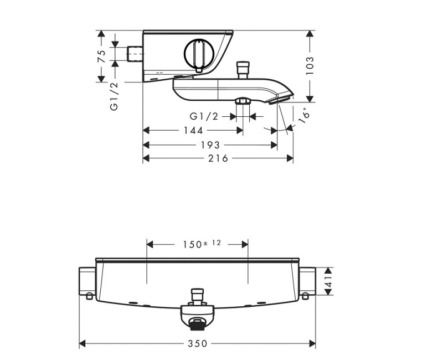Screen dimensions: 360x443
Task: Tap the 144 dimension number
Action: coord(193,130)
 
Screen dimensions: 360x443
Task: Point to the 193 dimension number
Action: coord(210,145)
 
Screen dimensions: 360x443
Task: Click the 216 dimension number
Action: coord(218,158)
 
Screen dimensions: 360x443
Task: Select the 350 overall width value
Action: coord(197,343)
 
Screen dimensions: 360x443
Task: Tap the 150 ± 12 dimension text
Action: coord(197,244)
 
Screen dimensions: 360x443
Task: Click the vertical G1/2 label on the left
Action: coord(114,95)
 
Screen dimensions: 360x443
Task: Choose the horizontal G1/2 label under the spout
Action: coord(204,116)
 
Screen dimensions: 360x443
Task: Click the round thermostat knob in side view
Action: coord(197,55)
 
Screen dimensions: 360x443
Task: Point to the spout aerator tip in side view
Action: coord(280,98)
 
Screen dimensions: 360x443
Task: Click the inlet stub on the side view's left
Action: coord(135,54)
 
